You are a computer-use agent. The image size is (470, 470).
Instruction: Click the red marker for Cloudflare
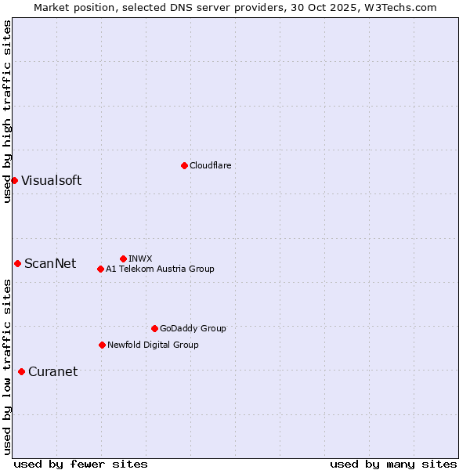click(x=184, y=165)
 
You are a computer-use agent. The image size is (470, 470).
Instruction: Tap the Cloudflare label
click(x=210, y=165)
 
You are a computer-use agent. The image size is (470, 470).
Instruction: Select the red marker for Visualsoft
click(x=14, y=180)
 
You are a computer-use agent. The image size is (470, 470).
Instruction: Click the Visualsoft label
click(x=51, y=180)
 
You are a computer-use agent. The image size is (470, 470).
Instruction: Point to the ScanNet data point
click(x=17, y=263)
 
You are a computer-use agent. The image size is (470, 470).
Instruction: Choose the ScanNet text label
click(x=50, y=263)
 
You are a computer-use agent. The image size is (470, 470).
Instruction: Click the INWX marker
click(x=123, y=258)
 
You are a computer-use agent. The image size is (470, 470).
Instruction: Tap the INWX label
click(x=140, y=258)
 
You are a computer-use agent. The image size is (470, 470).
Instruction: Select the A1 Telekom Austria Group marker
click(x=100, y=269)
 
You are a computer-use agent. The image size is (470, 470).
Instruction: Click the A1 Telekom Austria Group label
click(x=160, y=269)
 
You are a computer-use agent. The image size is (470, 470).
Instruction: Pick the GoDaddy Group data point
click(x=154, y=328)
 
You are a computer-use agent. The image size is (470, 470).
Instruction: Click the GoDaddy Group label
click(x=193, y=328)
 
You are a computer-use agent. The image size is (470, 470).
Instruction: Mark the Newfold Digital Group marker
click(x=102, y=345)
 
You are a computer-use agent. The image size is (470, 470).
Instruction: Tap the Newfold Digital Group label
click(x=153, y=345)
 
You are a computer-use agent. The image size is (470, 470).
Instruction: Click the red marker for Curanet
click(x=21, y=371)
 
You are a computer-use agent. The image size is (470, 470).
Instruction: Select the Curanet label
click(x=52, y=371)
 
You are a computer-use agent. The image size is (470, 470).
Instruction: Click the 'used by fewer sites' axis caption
click(x=81, y=464)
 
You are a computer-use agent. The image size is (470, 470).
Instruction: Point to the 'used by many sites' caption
click(x=393, y=464)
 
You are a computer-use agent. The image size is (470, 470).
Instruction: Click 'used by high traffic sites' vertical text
click(x=7, y=111)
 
